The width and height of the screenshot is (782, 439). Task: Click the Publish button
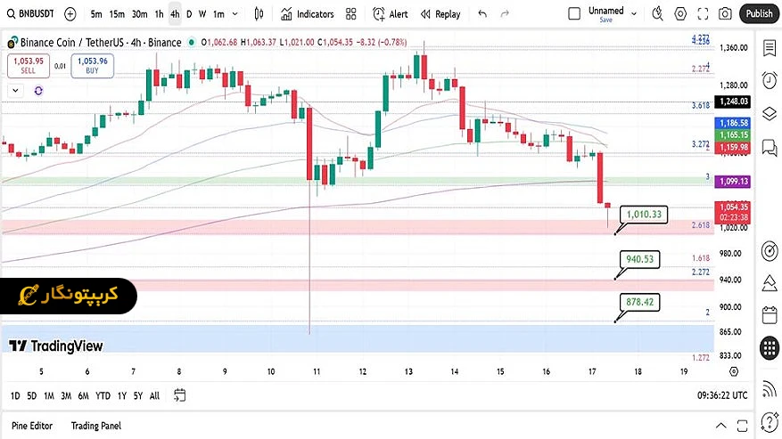pyautogui.click(x=759, y=13)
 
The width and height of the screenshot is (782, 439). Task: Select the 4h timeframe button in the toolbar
pyautogui.click(x=175, y=14)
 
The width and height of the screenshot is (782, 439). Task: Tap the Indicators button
pyautogui.click(x=308, y=14)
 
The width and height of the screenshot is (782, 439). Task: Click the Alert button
pyautogui.click(x=391, y=14)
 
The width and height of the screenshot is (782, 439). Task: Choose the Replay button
pyautogui.click(x=440, y=14)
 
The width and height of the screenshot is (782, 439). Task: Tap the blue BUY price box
pyautogui.click(x=92, y=65)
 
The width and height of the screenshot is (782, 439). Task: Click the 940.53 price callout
pyautogui.click(x=640, y=259)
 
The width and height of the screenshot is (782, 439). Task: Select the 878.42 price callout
pyautogui.click(x=640, y=303)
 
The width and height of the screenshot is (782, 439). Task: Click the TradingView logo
pyautogui.click(x=56, y=346)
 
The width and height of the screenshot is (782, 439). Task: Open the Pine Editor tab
pyautogui.click(x=33, y=427)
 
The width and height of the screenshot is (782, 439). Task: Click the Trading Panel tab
pyautogui.click(x=96, y=427)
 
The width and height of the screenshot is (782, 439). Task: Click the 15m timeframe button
pyautogui.click(x=117, y=14)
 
